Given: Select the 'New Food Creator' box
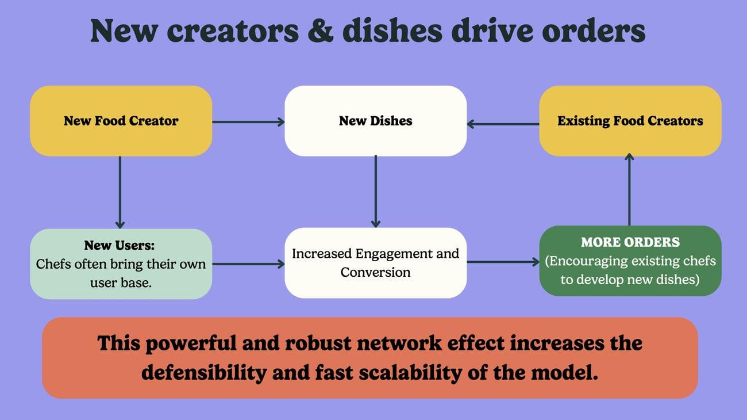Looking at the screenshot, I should (x=121, y=121).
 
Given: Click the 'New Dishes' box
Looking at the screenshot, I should (x=375, y=121).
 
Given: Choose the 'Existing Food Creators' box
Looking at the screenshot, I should (x=630, y=121).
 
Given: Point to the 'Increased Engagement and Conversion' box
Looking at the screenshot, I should (x=375, y=263).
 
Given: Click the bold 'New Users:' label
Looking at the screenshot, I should (x=120, y=245).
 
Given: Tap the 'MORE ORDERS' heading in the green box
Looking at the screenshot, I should (x=630, y=242).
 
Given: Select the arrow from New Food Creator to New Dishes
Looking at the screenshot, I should (x=248, y=121).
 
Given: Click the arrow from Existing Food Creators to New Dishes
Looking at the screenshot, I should (x=503, y=123).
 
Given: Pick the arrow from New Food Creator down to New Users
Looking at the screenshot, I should (x=120, y=192).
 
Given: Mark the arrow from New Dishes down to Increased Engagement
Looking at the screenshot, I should (x=375, y=192).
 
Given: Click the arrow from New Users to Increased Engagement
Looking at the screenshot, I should (x=248, y=264).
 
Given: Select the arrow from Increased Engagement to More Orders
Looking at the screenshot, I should (x=503, y=262).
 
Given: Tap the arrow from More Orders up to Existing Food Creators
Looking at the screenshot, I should (x=629, y=190).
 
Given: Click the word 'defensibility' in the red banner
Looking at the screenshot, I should (x=204, y=373).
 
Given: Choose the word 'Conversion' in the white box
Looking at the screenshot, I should (x=375, y=272).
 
